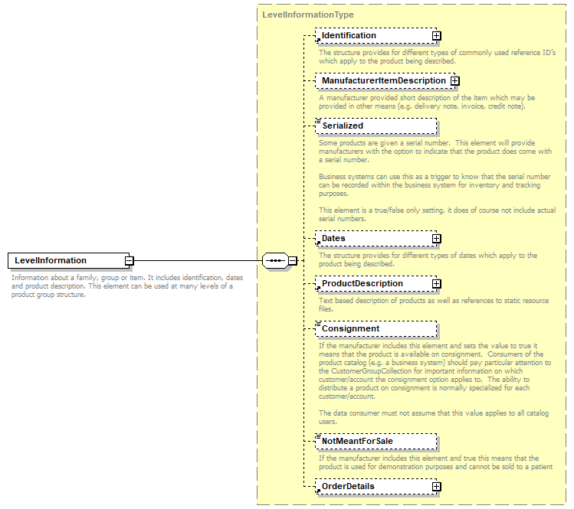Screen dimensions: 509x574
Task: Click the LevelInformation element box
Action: [66, 261]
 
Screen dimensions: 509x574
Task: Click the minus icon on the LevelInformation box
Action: [130, 261]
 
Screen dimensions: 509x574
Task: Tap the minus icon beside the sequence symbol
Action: [293, 261]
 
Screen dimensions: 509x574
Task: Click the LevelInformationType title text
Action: [308, 15]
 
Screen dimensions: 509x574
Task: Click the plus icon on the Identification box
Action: [436, 36]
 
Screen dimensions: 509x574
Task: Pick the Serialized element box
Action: [376, 126]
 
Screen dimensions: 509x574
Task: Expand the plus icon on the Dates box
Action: [436, 239]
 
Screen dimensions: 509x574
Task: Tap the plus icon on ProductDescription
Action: [436, 284]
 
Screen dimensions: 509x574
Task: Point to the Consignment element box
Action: [376, 329]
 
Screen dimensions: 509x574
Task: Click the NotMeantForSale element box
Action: [376, 442]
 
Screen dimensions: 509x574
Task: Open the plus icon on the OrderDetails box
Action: [436, 487]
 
